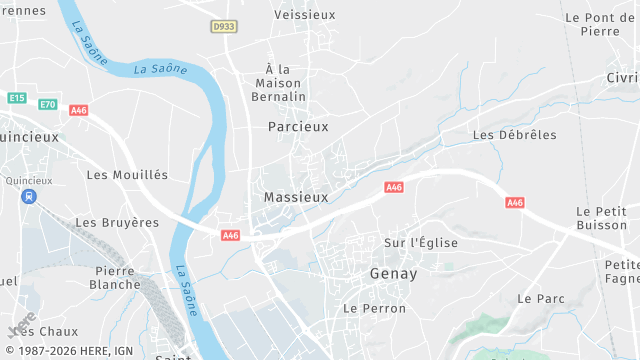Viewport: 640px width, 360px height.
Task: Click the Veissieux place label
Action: (304, 15)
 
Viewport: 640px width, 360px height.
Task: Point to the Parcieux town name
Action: (298, 127)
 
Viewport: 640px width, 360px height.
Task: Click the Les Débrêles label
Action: (514, 135)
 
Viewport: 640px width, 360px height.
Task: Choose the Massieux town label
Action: (296, 198)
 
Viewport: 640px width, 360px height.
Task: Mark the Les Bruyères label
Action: (117, 222)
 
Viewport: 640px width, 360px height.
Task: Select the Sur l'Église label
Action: (421, 242)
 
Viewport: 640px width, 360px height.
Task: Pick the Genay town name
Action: (393, 273)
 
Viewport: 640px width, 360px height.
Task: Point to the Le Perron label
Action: (374, 309)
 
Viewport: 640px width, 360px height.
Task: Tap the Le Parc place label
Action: (541, 299)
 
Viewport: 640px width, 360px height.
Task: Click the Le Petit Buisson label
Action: (601, 218)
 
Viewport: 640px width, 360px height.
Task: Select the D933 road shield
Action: (224, 27)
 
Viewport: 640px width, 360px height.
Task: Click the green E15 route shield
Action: (16, 98)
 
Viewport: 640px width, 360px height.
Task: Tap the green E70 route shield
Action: (48, 104)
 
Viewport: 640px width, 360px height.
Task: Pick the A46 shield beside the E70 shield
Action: (78, 110)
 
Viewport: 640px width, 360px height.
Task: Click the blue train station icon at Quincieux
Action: (27, 196)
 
